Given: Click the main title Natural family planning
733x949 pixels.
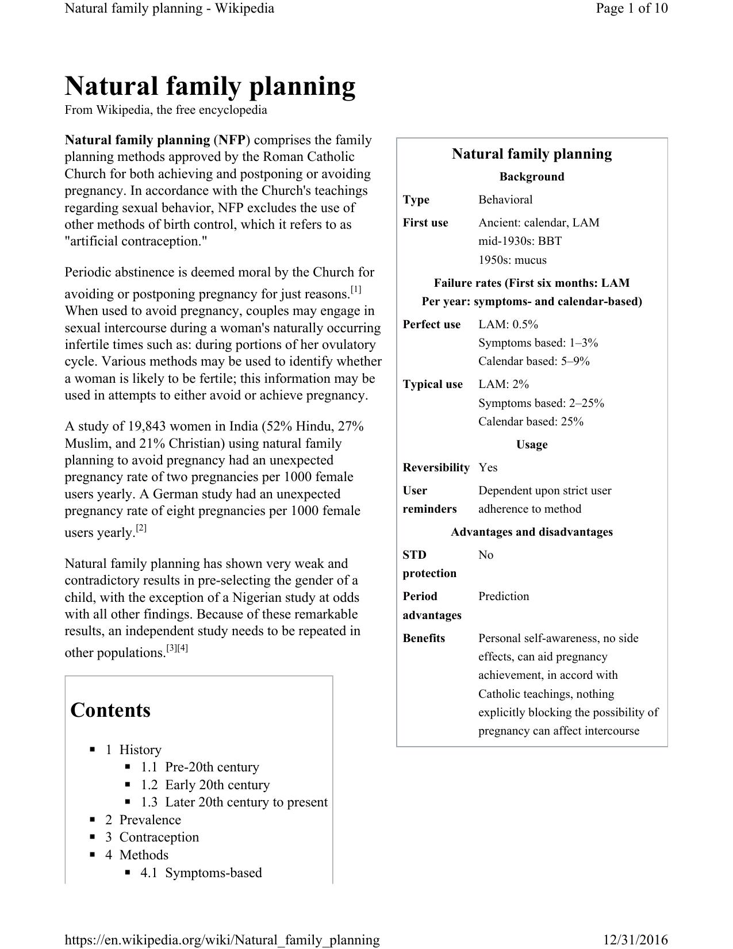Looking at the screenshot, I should pos(210,86).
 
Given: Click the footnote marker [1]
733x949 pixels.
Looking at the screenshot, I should pos(356,290).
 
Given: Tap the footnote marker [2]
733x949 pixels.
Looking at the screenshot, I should pos(141,528).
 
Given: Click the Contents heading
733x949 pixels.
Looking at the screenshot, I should pos(110,710).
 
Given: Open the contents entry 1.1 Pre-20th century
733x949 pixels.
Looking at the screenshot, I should pos(200,767).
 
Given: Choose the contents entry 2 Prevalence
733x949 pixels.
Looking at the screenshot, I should pos(143,820).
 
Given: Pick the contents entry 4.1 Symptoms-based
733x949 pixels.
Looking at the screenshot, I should pos(201,873).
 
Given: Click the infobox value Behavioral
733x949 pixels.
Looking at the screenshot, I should pos(505,199).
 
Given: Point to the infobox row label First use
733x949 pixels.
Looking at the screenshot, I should pos(425,222).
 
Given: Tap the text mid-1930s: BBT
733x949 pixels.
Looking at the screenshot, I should pos(520,241).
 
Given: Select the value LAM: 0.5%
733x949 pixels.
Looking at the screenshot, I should pos(508,324).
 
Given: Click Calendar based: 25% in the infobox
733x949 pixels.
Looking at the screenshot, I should pos(531,421).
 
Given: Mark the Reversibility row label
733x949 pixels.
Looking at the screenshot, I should pos(436,467).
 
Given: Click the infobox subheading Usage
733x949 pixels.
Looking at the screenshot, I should pos(532,444).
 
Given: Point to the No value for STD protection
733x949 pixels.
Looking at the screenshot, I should pos(486,555).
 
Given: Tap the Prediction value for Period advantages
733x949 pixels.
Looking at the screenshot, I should pos(504,596).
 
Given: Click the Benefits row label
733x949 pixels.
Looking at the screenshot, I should pos(424,638).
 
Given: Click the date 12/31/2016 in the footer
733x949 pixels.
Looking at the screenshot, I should pos(635,940).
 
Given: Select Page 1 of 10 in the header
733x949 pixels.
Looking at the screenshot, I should pos(632,8).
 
